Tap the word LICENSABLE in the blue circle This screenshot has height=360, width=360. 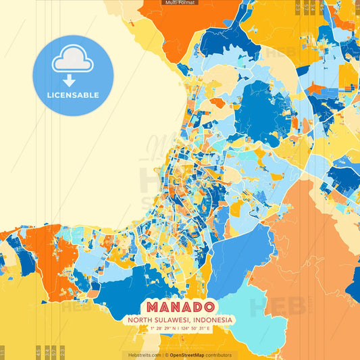[73, 95]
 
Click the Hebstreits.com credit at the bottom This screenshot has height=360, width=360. [142, 355]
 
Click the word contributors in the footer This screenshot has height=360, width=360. [217, 355]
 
